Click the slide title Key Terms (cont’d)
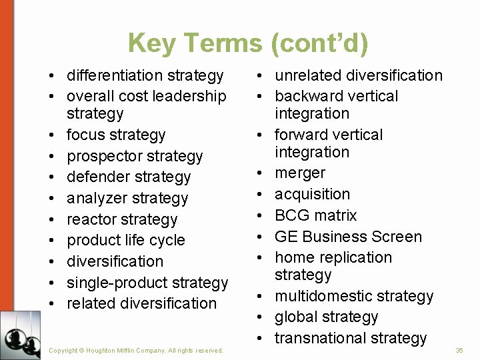(247, 43)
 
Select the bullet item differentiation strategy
(145, 75)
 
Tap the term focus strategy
(116, 135)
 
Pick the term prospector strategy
(135, 156)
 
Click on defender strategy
(129, 177)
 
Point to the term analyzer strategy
(127, 198)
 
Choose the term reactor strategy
(122, 219)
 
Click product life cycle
(126, 240)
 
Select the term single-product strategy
(147, 283)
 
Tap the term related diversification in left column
(142, 303)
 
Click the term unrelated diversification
(359, 75)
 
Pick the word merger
(300, 173)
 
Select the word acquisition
(312, 194)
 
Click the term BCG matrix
(315, 215)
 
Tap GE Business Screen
(348, 237)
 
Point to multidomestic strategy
(354, 296)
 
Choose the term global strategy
(326, 317)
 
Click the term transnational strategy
(351, 338)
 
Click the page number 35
(459, 350)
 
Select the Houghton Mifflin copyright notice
(137, 350)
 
